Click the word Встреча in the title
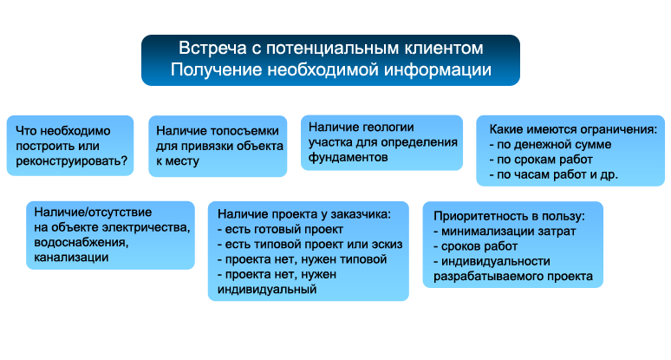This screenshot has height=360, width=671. [212, 48]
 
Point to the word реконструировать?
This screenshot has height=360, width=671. [71, 161]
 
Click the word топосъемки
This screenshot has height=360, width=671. [242, 131]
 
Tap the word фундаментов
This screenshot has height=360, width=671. [348, 157]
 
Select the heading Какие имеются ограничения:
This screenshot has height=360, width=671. [573, 129]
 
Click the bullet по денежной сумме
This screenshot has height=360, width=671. [550, 144]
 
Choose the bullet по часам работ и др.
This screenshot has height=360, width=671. [554, 174]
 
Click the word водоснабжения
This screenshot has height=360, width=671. [81, 242]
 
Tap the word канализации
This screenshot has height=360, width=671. [71, 258]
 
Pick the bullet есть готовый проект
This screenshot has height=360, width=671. [280, 229]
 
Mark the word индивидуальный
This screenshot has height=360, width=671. [267, 290]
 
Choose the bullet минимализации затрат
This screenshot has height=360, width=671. [505, 231]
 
